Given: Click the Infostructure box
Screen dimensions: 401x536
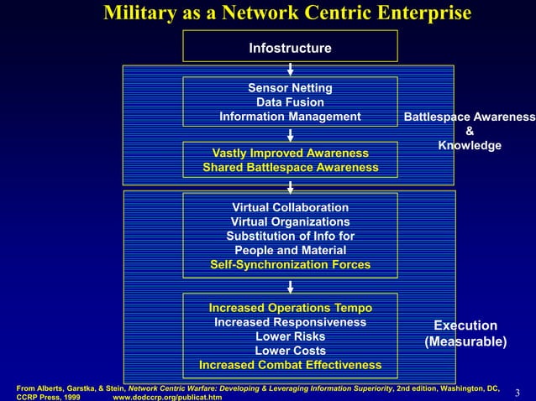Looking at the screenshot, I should (x=290, y=49).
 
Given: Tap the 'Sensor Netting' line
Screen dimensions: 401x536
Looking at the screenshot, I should (x=290, y=88).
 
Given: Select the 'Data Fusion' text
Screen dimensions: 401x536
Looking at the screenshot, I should (x=290, y=102).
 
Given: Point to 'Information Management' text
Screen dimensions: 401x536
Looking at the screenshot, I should (x=290, y=117).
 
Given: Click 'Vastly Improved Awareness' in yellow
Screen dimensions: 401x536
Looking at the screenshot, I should (x=290, y=154).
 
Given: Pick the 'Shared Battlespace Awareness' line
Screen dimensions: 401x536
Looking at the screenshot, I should (x=290, y=168).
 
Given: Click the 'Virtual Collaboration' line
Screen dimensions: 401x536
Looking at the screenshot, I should (x=290, y=207).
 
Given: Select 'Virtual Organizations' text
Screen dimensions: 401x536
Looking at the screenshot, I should (x=290, y=221).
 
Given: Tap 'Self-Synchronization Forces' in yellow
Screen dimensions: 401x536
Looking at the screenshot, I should (x=290, y=264).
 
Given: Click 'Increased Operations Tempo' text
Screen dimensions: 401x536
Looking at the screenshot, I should (x=290, y=308).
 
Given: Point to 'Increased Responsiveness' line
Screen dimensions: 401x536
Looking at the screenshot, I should (x=290, y=322).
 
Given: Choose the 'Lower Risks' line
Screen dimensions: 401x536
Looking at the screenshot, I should (x=290, y=336).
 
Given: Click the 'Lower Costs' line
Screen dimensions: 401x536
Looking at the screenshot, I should (x=290, y=351).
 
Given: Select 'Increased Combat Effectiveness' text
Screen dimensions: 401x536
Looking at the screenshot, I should (x=290, y=365).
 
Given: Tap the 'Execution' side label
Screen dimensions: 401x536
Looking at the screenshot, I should (x=465, y=325).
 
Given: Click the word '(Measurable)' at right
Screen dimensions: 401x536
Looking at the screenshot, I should (x=465, y=341).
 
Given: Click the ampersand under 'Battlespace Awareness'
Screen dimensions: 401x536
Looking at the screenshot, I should (x=469, y=131).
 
